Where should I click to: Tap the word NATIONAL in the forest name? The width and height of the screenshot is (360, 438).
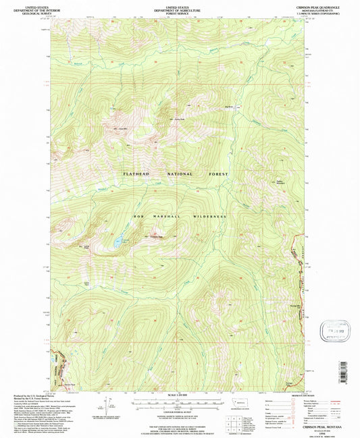175,173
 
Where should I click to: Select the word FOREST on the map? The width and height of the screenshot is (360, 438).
214,173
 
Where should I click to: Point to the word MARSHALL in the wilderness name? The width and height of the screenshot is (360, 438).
172,216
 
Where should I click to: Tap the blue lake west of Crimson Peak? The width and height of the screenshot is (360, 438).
118,240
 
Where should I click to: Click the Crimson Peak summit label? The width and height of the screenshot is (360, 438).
157,237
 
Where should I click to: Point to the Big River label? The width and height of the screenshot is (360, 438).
220,107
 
